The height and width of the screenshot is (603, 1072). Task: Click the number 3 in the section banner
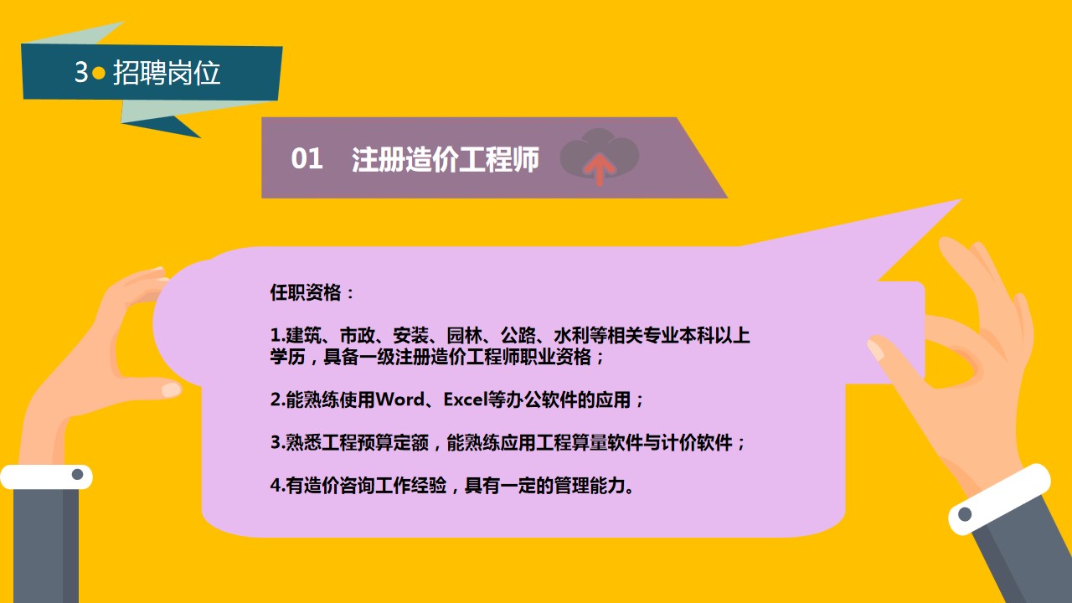(81, 72)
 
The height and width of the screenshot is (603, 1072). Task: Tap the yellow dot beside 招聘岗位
(99, 73)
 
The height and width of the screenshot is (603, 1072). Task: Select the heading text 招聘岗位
(167, 73)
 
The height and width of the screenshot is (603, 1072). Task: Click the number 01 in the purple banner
(307, 158)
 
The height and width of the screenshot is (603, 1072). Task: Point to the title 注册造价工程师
(445, 159)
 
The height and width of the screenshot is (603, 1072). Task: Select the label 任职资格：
(312, 292)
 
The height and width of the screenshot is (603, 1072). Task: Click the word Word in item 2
(400, 399)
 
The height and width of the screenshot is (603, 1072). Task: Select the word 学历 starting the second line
(287, 357)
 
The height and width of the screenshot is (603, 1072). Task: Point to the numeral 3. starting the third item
(277, 442)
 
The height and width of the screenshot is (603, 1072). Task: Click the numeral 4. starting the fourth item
(277, 485)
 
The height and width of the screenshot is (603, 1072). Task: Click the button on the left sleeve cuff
(77, 475)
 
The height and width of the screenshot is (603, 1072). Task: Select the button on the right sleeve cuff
(965, 514)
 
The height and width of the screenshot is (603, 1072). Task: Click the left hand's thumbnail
(170, 389)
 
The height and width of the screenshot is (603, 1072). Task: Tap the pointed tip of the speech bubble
(960, 200)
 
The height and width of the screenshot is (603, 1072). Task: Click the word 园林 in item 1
(464, 336)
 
